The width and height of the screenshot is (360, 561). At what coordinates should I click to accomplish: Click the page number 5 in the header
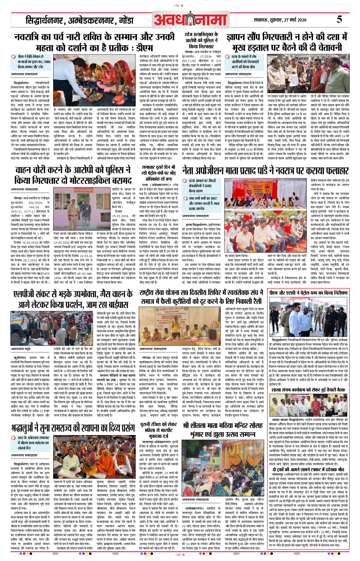coord(339,19)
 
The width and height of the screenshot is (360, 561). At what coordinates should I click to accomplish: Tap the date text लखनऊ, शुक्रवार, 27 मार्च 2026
coord(280,20)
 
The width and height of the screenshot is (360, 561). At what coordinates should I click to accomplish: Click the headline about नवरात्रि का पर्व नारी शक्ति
coord(95,42)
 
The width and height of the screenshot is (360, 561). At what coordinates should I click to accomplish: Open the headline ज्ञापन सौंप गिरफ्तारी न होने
coord(287,42)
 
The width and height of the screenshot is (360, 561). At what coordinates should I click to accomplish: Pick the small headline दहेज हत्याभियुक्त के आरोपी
coord(201,40)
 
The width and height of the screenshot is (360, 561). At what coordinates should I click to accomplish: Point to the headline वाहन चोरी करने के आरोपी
coord(73,175)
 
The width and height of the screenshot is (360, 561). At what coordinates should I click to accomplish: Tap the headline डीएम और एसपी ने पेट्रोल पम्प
coord(308,293)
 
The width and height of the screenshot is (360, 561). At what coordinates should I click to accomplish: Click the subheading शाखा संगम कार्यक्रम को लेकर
coord(308,389)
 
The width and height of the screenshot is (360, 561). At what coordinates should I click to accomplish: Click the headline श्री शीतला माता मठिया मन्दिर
coord(223,430)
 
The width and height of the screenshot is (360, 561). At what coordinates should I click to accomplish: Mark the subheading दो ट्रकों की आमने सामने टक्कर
coord(308,469)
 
